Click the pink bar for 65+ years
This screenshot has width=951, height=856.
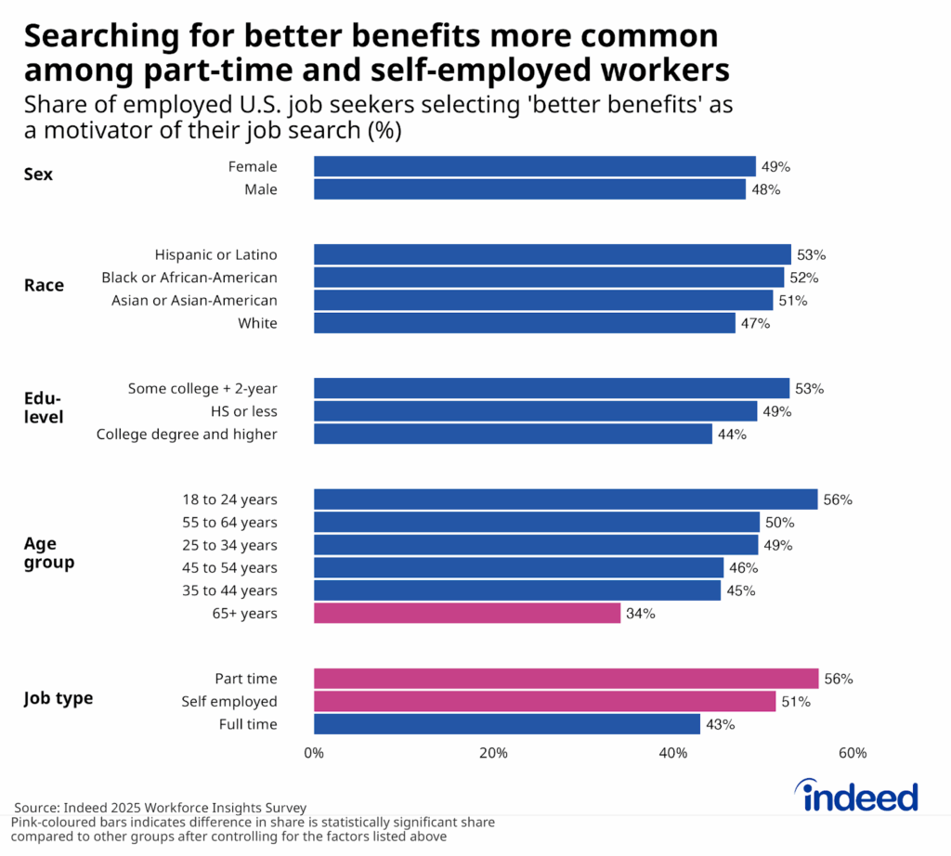point(467,613)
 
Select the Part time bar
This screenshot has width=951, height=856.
point(566,679)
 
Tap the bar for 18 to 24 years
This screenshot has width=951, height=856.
point(566,499)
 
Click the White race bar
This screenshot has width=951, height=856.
point(525,323)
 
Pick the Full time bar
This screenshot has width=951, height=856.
point(506,724)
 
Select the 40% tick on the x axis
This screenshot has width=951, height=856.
point(673,753)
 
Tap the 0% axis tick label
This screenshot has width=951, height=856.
point(314,753)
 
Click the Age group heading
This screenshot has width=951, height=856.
point(49,553)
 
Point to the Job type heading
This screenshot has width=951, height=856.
point(59,698)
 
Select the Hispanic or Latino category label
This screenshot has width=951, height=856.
point(215,254)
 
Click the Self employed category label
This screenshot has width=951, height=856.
point(229,702)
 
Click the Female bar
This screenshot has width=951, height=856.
point(534,166)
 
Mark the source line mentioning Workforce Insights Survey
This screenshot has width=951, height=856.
point(160,808)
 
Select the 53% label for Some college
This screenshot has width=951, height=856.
point(809,389)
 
